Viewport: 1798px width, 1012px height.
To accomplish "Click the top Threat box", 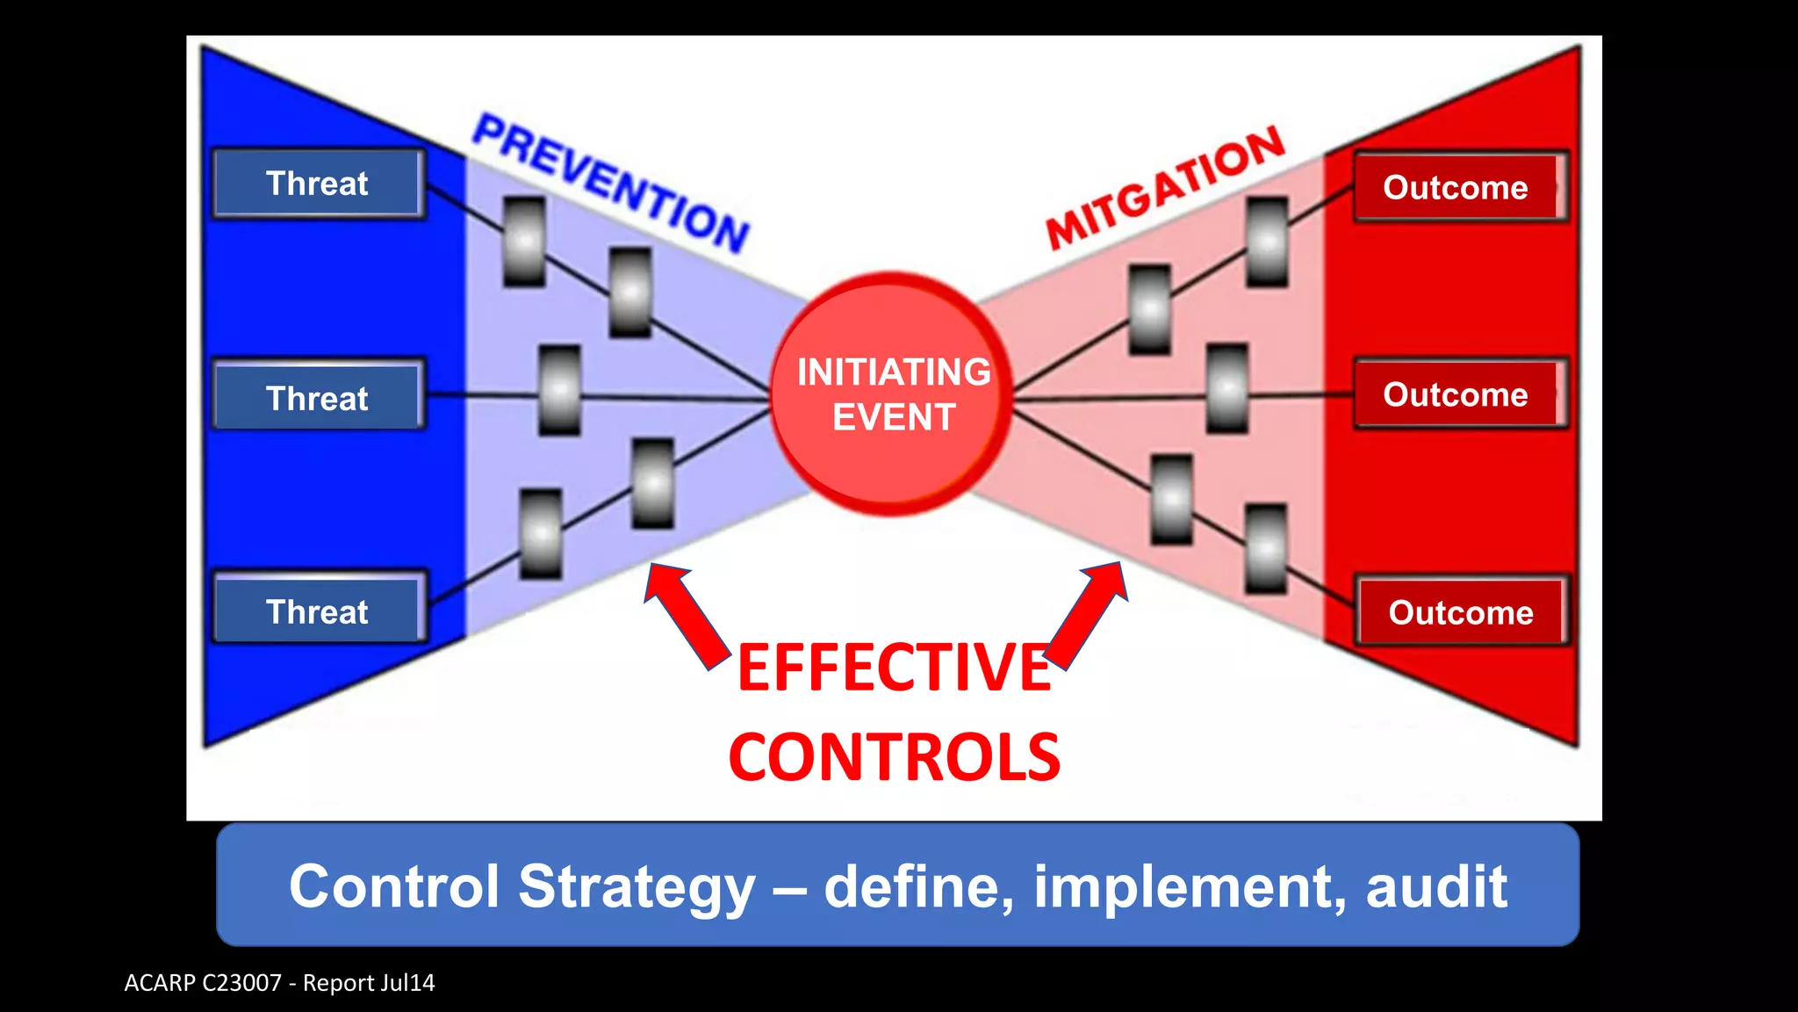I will (318, 184).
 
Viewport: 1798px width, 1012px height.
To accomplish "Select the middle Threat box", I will (318, 397).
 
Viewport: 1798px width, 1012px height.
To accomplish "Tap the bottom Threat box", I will (318, 611).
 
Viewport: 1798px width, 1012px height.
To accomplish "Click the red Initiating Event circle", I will (892, 394).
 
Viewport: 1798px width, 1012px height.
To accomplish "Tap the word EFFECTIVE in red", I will (894, 668).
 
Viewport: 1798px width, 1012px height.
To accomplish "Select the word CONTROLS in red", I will (894, 757).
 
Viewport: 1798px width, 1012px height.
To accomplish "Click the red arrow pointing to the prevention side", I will (685, 615).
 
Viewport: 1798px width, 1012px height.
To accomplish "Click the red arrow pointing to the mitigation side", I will (1089, 615).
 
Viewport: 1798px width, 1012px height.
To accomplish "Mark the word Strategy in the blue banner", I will (636, 887).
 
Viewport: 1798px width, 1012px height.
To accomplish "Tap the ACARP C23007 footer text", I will (279, 983).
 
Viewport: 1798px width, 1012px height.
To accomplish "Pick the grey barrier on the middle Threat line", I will (559, 390).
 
